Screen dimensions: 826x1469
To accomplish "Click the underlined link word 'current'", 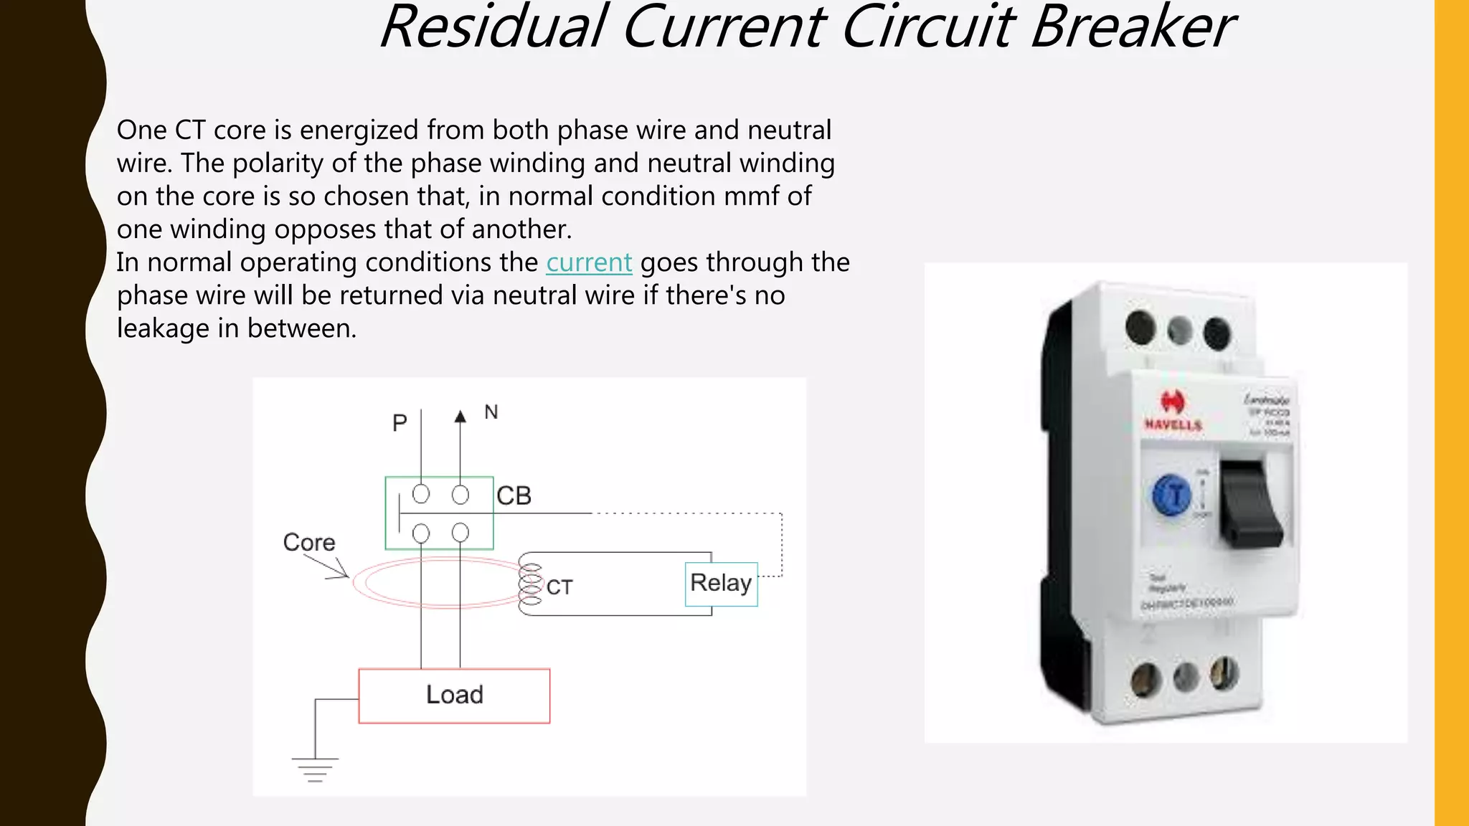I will [x=589, y=262].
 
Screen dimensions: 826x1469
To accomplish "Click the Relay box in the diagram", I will [x=721, y=584].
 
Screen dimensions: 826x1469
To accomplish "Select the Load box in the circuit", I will [x=454, y=696].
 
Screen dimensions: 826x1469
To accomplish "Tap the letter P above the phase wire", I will [x=400, y=423].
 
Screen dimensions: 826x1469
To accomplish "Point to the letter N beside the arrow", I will [x=491, y=412].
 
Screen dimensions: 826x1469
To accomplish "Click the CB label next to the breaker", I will [x=514, y=495].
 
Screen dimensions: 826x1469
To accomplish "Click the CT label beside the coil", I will [x=559, y=588].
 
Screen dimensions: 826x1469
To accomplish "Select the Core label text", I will [x=309, y=542].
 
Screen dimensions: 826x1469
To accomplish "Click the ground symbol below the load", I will [x=314, y=769].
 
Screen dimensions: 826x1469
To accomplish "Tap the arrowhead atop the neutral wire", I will [x=460, y=417].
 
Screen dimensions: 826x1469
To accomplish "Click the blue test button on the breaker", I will [x=1171, y=495].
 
